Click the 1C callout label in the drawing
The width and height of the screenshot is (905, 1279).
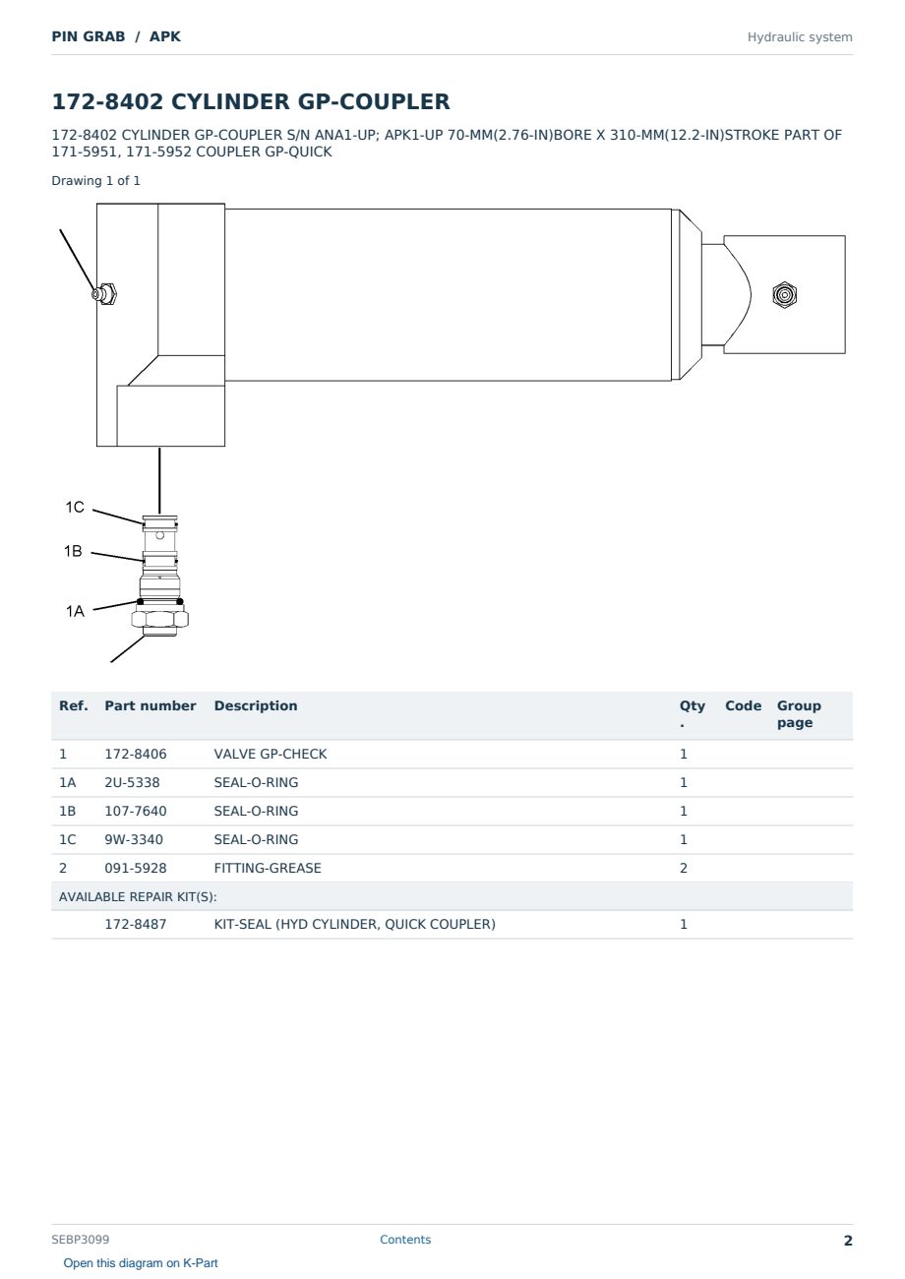coord(75,507)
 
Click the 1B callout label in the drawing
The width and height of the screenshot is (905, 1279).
coord(73,551)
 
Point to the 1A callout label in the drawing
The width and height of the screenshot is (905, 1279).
coord(75,612)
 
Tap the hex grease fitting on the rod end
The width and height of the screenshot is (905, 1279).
coord(785,295)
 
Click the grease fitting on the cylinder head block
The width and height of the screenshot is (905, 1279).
coord(104,294)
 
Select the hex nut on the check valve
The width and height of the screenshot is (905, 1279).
coord(160,619)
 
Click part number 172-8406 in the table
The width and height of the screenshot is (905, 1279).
coord(136,755)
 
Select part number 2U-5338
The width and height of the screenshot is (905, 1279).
coord(132,783)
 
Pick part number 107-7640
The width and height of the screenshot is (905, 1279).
coord(136,812)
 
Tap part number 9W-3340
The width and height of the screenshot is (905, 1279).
coord(134,840)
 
